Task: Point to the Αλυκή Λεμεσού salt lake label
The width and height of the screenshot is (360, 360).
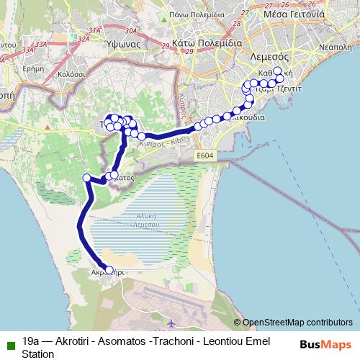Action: pyautogui.click(x=148, y=220)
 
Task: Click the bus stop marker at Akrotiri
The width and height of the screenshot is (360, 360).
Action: pyautogui.click(x=109, y=271)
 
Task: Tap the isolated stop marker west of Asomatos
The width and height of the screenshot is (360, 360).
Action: pyautogui.click(x=87, y=178)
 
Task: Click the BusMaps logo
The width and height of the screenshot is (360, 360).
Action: pyautogui.click(x=325, y=344)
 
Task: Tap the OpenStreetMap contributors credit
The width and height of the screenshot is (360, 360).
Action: pyautogui.click(x=297, y=323)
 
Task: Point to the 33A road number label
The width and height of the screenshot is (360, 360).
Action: pyautogui.click(x=28, y=50)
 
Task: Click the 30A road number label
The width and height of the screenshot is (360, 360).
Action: pyautogui.click(x=130, y=31)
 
